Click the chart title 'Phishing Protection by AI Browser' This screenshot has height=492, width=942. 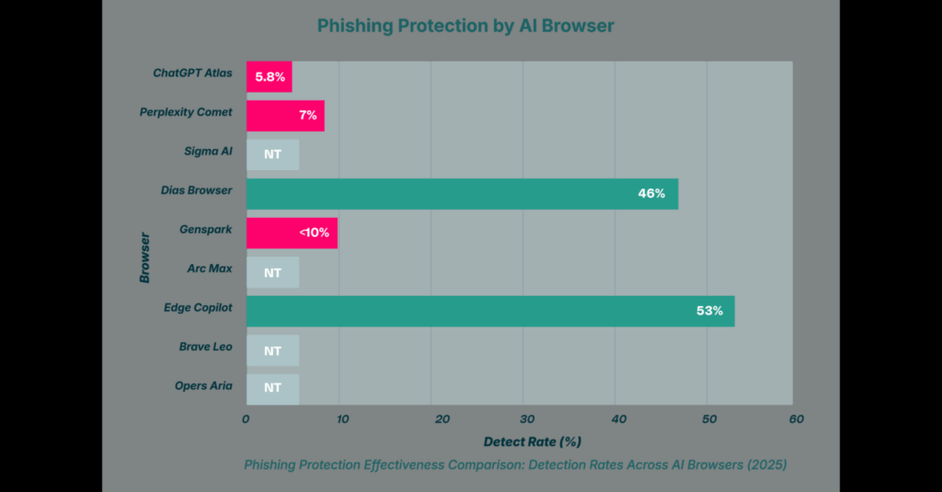tap(465, 26)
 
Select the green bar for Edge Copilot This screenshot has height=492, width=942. tap(489, 311)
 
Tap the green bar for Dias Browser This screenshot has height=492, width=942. tap(462, 193)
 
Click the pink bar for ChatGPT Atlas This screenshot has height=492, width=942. tap(269, 77)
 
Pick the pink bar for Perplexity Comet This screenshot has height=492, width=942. tap(285, 116)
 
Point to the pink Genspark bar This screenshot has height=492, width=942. tap(292, 233)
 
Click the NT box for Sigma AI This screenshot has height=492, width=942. tap(272, 154)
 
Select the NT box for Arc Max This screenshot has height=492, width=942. tap(272, 272)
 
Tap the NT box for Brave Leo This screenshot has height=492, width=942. tap(272, 350)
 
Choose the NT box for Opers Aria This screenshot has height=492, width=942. tap(272, 388)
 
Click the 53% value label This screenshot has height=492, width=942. tap(709, 311)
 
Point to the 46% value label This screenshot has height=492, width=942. tap(651, 193)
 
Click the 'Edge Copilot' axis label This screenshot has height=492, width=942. tap(197, 307)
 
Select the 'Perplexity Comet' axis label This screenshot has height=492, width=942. tap(186, 112)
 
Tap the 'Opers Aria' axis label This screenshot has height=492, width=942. tap(203, 385)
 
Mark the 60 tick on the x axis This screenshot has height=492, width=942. tap(797, 419)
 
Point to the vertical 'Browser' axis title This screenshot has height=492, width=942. tap(144, 257)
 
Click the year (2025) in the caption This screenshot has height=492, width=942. tap(764, 465)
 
